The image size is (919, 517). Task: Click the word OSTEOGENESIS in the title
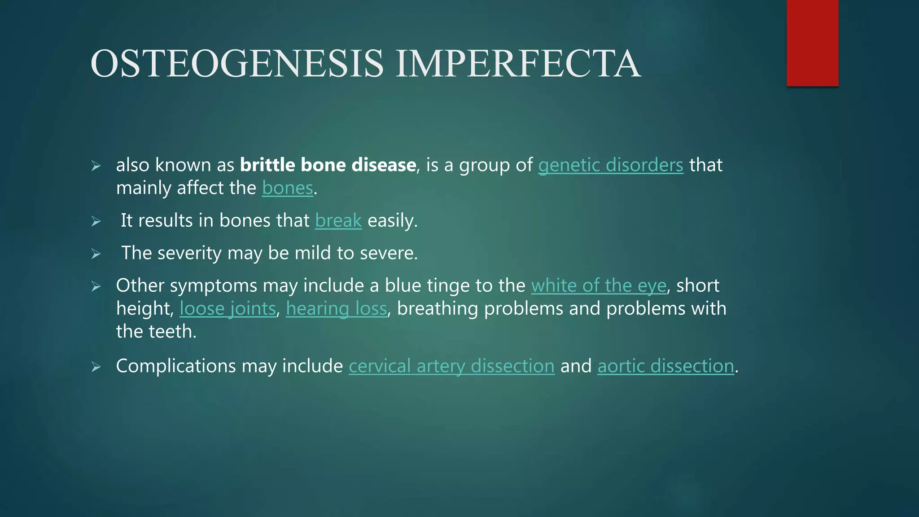point(237,64)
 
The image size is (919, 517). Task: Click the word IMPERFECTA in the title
point(518,64)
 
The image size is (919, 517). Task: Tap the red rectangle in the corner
point(812,43)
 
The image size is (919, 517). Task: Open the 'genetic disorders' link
point(610,165)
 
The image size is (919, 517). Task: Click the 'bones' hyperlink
point(287,188)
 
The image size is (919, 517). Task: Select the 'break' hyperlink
point(338,220)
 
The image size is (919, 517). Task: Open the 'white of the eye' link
point(599,285)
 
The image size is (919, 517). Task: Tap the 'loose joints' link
point(228,309)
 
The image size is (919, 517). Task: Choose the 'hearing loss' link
point(336,309)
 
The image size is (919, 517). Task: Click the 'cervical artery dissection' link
point(451,366)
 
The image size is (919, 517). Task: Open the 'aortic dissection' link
point(665,366)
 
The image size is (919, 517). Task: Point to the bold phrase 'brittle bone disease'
point(328,165)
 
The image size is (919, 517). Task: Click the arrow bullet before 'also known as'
point(96,166)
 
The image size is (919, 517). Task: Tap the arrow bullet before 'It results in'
point(96,222)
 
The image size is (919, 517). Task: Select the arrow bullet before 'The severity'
point(96,254)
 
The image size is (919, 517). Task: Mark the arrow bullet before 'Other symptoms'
point(96,287)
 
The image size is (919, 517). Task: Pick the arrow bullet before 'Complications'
point(96,368)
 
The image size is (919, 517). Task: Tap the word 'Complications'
point(176,366)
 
